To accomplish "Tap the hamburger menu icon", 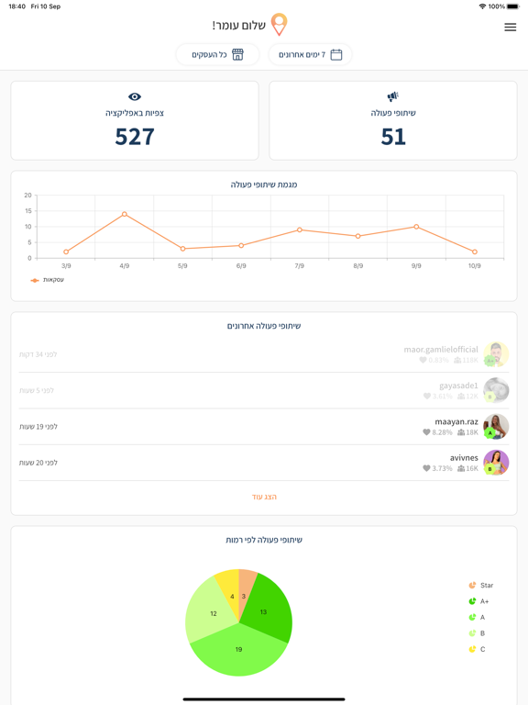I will pos(510,28).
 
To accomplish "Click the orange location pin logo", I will pos(279,24).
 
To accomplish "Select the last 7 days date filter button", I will pos(310,55).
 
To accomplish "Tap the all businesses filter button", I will pos(217,55).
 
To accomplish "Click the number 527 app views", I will pos(135,137).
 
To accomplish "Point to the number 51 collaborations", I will pos(393,137).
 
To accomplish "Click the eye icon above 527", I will pos(135,96).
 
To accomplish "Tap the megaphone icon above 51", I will pos(393,96).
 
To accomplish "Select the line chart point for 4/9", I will pos(125,214).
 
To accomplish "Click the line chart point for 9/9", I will pos(416,227).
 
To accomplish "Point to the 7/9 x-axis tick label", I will pos(299,266).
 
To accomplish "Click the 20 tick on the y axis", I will pos(27,196).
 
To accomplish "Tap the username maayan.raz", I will pos(456,421).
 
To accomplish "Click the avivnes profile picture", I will pos(496,463).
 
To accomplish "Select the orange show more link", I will pos(264,497).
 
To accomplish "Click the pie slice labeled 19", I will pos(238,649).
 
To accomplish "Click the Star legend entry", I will pos(481,586).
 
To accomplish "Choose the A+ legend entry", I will pos(479,601).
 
